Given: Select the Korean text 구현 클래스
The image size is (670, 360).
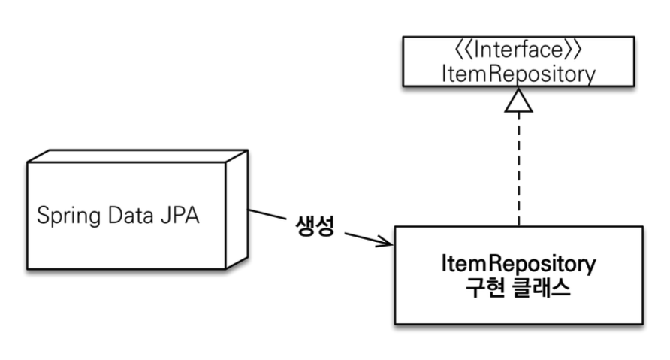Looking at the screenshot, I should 519,289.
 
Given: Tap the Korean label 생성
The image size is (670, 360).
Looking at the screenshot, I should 314,226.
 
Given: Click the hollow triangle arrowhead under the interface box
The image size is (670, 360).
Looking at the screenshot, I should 519,101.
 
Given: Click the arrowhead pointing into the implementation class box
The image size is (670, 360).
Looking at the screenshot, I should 386,242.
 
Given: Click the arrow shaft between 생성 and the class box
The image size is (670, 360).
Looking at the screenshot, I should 364,237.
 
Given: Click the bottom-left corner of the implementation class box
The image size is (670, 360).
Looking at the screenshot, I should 395,324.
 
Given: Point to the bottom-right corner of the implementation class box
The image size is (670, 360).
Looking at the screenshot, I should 643,324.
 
